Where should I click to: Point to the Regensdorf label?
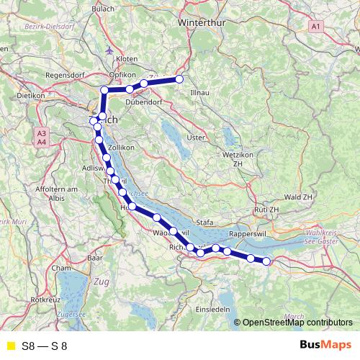click(66, 74)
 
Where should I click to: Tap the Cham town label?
click(60, 267)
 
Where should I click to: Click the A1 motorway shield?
click(316, 27)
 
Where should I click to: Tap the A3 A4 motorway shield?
click(41, 138)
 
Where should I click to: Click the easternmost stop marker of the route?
click(266, 261)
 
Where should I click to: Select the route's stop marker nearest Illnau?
click(179, 79)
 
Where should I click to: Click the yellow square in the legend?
click(10, 346)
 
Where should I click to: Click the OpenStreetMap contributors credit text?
click(297, 323)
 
